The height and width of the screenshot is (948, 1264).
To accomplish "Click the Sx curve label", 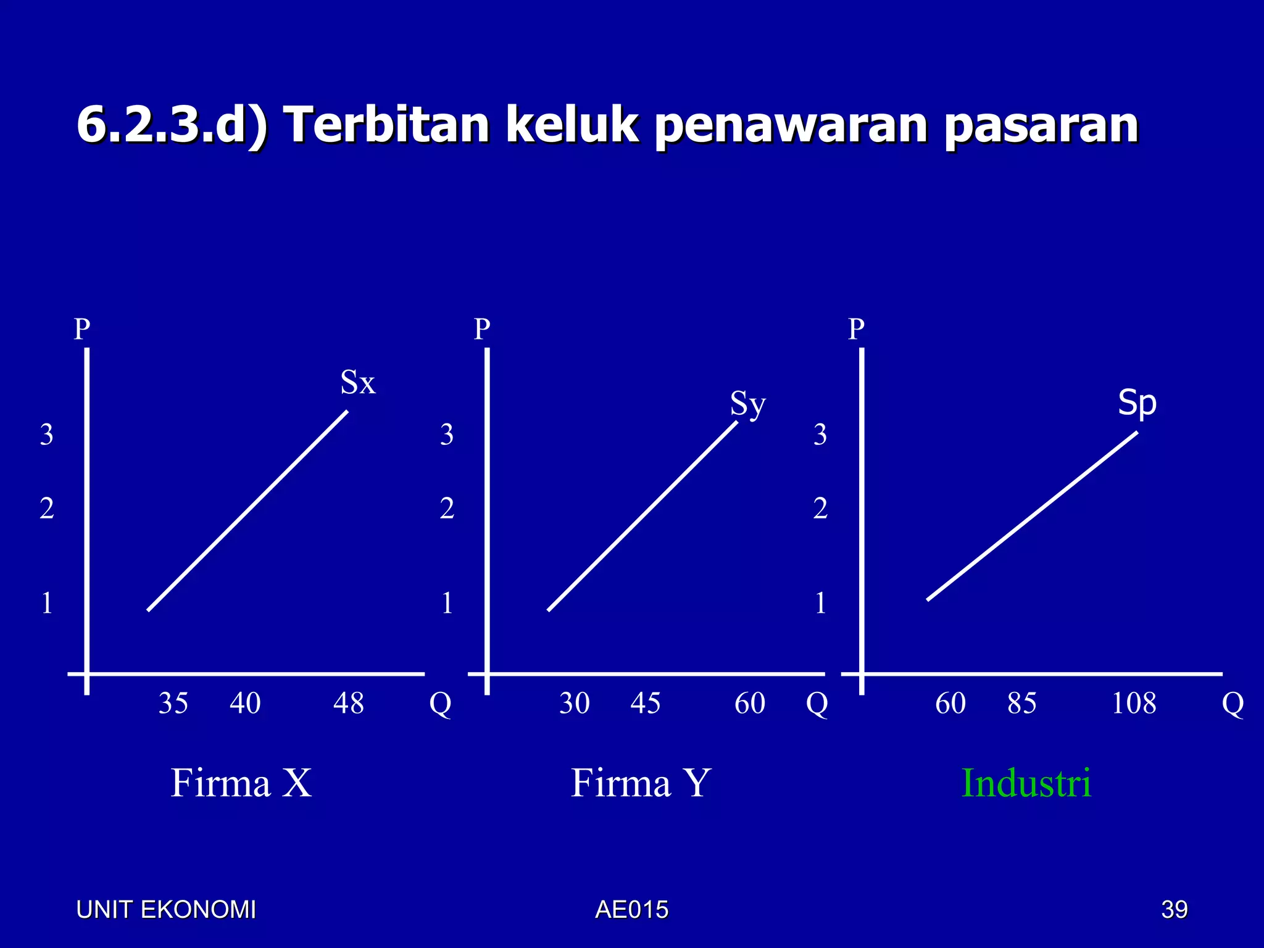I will click(x=357, y=383).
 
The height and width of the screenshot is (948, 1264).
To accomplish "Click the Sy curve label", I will click(x=747, y=405).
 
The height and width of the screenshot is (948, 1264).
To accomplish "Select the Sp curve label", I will click(x=1137, y=404).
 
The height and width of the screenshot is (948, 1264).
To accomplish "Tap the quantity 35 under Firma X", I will click(x=173, y=704).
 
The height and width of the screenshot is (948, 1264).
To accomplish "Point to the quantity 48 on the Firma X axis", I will click(x=348, y=704).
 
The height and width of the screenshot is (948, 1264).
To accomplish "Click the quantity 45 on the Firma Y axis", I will click(x=645, y=704).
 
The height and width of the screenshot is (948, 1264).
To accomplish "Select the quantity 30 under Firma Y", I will click(x=574, y=704).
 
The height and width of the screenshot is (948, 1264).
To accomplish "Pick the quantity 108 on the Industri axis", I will click(x=1134, y=704).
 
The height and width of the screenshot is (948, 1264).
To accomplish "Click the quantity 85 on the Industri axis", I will click(x=1021, y=704).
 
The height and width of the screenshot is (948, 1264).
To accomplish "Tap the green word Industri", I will click(x=1026, y=783).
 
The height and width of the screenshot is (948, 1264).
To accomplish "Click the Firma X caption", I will click(x=241, y=783).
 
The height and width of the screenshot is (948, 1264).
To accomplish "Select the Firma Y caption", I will click(x=641, y=783).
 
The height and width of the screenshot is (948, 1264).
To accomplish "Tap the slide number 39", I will click(x=1174, y=910).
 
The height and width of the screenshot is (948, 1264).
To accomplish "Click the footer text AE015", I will click(x=631, y=910).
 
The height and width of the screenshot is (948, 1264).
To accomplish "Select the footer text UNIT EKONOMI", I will click(x=165, y=910).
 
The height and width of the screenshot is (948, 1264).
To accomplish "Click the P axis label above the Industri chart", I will click(x=856, y=329).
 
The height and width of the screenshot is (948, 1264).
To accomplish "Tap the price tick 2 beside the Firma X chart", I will click(x=47, y=509).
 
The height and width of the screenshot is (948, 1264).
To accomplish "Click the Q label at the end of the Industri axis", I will click(x=1233, y=704).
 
